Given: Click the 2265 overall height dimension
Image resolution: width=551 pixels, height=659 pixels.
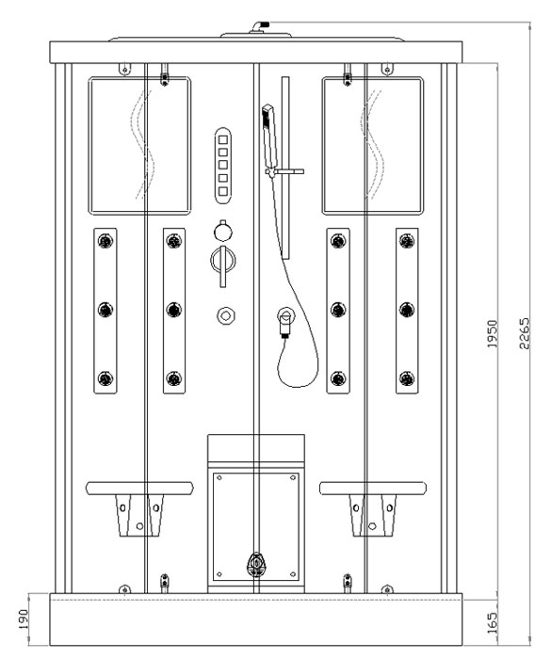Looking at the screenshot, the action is tap(524, 333).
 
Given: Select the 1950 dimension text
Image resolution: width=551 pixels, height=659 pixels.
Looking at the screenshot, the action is tap(492, 333).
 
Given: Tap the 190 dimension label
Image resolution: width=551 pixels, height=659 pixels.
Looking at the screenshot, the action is tap(23, 619).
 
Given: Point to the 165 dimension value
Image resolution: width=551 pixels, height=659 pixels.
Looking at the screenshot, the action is tap(492, 623).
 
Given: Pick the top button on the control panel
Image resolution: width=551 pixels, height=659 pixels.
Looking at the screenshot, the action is tap(223, 139).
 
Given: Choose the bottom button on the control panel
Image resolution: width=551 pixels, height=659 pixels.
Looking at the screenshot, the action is tap(223, 192).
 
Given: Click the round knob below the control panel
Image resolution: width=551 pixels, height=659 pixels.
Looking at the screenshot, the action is tap(223, 231).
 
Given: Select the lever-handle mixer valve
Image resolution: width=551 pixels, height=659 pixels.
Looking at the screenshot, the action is tap(223, 264).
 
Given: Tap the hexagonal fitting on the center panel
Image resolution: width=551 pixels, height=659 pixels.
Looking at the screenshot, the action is tap(226, 315).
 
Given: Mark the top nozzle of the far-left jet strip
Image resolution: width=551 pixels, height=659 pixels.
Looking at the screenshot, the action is tap(105, 241).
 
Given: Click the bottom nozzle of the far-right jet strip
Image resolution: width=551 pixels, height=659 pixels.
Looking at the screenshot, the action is tap(407, 378).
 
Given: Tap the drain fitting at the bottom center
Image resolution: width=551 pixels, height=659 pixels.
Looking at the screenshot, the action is tap(256, 565).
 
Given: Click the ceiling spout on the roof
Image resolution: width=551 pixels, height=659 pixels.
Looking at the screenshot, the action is tap(259, 26).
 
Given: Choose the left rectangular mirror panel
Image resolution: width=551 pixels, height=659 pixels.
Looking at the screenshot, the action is tap(139, 145).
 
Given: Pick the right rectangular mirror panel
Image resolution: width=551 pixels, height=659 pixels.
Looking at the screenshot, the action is tap(373, 145).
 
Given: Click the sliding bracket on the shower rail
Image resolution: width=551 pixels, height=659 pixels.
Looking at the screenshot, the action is tap(284, 172).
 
